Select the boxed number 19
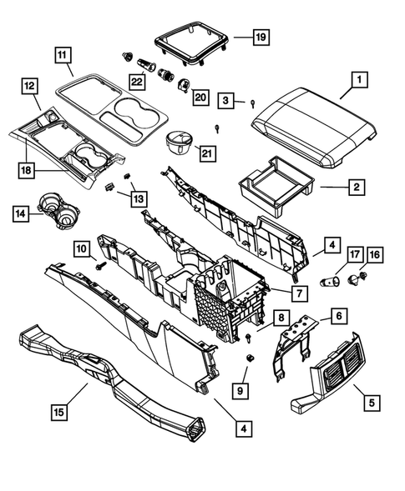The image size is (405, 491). [x=261, y=37]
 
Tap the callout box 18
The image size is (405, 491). [x=28, y=169]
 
